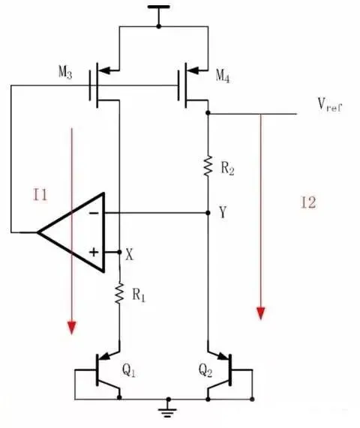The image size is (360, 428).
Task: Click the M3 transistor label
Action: tap(65, 73)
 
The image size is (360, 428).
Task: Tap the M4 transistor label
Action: tap(223, 76)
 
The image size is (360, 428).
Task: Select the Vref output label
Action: tap(330, 104)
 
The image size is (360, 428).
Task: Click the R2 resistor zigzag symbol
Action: tap(208, 166)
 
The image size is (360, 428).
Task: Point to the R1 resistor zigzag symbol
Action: tap(119, 294)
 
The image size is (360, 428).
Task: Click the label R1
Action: tap(139, 295)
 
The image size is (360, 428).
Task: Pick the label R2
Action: tap(227, 168)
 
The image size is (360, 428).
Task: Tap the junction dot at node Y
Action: tap(208, 213)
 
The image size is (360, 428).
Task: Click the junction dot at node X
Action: tap(119, 252)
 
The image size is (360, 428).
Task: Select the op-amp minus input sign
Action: tap(94, 213)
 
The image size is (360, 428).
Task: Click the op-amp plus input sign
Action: tap(94, 252)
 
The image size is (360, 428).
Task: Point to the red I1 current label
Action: tap(40, 195)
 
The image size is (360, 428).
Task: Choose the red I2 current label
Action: tap(308, 203)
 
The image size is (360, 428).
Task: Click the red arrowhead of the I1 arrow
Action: tap(72, 328)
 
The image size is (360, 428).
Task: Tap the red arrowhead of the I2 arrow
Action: tap(261, 313)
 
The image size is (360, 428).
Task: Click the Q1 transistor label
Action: tap(128, 371)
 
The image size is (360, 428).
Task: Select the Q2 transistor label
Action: tap(205, 371)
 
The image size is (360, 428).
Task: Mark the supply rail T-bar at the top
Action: tap(159, 7)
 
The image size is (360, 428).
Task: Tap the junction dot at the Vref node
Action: tap(208, 112)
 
